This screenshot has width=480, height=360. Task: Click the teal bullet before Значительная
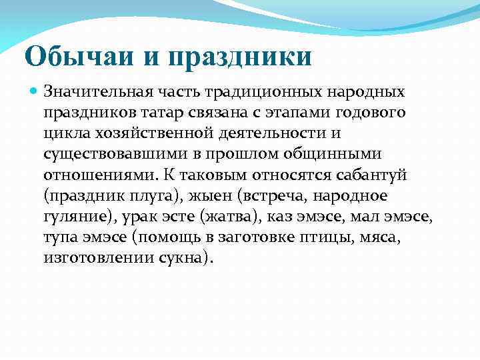click(33, 89)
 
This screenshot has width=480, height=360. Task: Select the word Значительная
click(99, 90)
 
